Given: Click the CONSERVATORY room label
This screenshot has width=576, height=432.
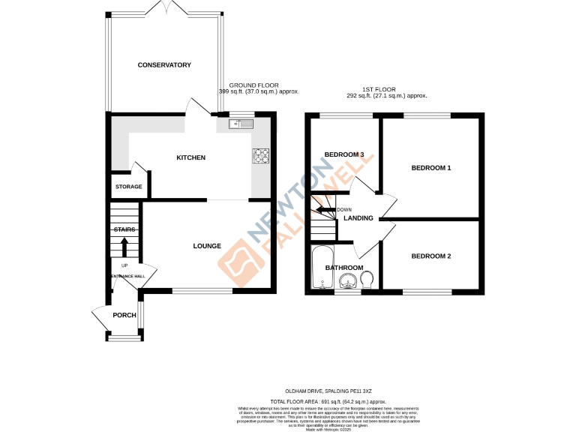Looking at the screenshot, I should click(164, 65).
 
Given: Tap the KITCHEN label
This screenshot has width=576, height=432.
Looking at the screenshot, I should click(190, 157).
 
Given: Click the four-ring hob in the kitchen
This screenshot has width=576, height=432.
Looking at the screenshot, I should click(262, 156).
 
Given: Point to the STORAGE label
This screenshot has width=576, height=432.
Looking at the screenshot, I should click(128, 187).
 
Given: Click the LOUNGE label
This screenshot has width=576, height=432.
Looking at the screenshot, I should click(206, 246).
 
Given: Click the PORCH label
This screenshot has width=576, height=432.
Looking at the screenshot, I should click(124, 315).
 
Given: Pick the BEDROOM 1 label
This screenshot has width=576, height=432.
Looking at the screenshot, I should click(430, 168).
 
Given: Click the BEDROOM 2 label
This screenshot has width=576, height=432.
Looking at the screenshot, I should click(430, 256).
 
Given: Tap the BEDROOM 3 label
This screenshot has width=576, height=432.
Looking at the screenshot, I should click(343, 155).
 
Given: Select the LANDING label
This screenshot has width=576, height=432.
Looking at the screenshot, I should click(358, 218).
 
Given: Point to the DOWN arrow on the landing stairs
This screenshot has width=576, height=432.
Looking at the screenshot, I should click(325, 210).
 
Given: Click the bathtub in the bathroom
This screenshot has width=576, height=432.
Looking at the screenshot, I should click(320, 266).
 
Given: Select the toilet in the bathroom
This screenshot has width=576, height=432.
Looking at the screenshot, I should click(367, 280).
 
